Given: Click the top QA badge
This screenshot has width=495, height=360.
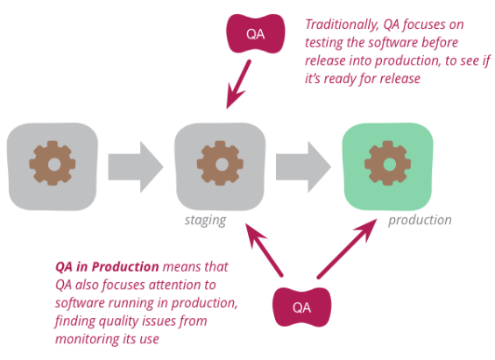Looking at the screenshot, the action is (256, 33).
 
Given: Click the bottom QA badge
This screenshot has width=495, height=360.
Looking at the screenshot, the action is (301, 307).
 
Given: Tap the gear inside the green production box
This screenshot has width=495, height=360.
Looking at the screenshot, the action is (387, 163).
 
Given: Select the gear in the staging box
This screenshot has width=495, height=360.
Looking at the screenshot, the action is (220, 163).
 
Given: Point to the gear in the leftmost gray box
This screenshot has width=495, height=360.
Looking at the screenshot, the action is (53, 163).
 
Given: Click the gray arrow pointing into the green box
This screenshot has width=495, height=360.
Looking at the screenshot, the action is (304, 167).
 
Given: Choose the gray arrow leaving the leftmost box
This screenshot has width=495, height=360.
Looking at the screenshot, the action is (136, 167).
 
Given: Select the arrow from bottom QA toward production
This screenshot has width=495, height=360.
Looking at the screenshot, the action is (347, 249).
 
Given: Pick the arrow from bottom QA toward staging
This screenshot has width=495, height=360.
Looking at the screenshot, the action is (265, 250).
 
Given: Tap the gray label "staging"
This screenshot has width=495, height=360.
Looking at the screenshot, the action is (206, 220).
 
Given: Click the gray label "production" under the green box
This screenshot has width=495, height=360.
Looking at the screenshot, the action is (420, 220).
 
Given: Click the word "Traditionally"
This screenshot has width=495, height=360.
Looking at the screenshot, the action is (343, 25).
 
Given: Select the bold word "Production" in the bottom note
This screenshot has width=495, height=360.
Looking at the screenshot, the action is (125, 267).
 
